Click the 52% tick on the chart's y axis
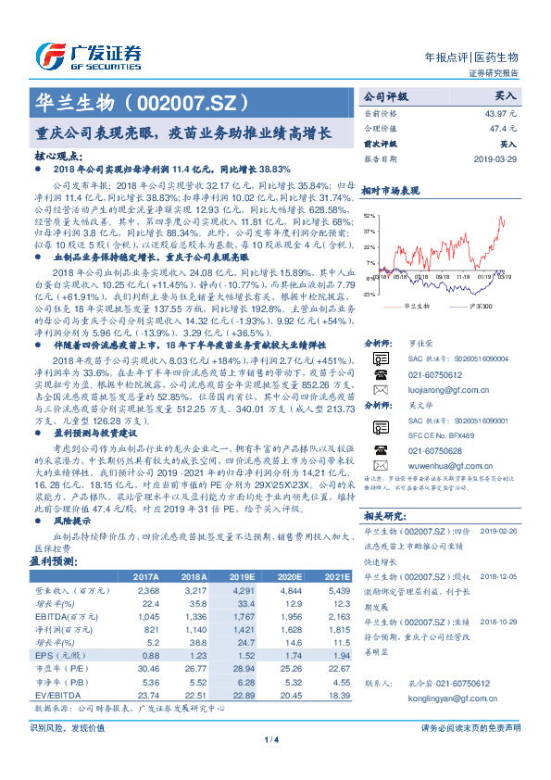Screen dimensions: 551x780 click(x=370, y=215)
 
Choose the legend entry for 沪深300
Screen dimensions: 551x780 click(x=478, y=305)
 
